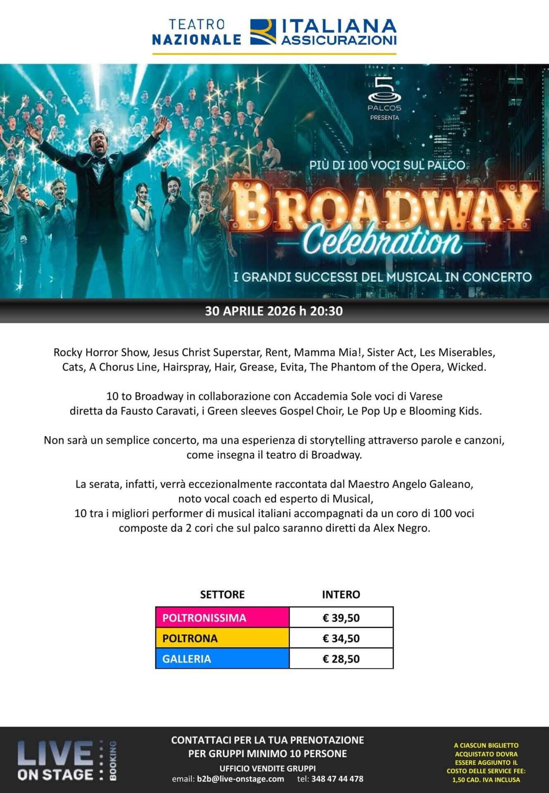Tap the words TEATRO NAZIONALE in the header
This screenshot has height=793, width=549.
point(197,32)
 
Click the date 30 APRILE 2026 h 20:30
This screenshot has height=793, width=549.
point(274,311)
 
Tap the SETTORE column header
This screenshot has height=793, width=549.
point(222,594)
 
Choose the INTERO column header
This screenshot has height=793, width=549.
point(341,594)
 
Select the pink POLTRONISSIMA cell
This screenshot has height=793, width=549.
point(222,617)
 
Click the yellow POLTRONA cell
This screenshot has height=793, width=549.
point(222,638)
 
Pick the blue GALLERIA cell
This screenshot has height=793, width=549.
point(222,659)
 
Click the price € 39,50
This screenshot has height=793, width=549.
point(341,617)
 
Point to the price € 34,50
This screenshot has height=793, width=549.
point(341,638)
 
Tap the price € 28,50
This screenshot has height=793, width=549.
point(341,659)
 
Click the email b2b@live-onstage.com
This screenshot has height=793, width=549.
point(240,779)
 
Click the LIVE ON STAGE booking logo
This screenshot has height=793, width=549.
point(66,761)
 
